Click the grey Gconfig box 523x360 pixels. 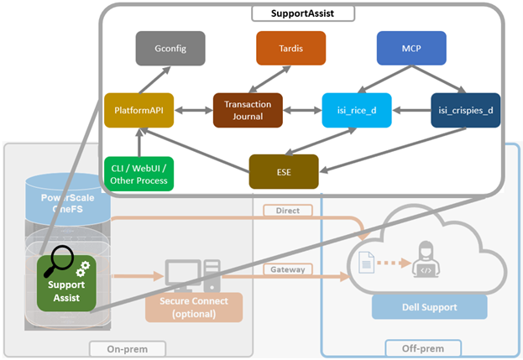pos(170,49)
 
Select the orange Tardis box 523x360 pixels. pos(290,49)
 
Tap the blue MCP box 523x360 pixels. pos(411,49)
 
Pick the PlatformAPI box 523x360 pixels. pos(139,110)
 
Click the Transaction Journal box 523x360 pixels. pos(248,110)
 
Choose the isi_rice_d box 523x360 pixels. pos(357,110)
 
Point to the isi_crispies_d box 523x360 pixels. pos(466,110)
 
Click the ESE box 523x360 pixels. pos(284,172)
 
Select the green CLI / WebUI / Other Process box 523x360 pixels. pos(139,174)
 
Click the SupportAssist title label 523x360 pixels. pos(303,13)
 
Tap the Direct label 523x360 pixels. pos(288,211)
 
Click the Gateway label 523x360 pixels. pos(288,269)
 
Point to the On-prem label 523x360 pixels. pos(128,349)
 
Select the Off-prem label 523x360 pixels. pos(423,348)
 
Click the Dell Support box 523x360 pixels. pos(430,307)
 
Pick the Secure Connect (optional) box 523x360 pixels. pos(194,307)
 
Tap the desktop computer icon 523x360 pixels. pos(193,276)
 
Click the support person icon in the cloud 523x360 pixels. pos(426,259)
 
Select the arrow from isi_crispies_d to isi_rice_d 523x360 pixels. pos(411,110)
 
